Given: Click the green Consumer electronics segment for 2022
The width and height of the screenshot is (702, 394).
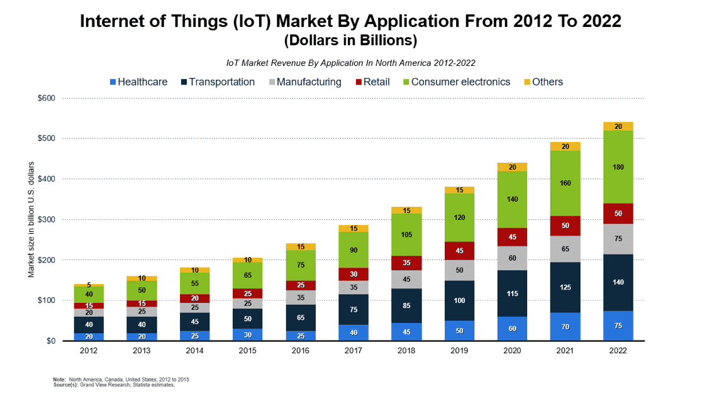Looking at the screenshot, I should click(618, 167).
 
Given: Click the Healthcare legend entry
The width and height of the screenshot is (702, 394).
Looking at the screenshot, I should click(138, 82).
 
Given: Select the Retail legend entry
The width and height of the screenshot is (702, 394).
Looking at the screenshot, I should click(372, 82).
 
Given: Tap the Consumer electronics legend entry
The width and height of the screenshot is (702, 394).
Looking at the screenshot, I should click(455, 82).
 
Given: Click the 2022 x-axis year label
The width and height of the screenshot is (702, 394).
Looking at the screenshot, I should click(618, 351).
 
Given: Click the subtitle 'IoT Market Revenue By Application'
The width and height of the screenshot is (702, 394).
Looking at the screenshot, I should click(350, 63).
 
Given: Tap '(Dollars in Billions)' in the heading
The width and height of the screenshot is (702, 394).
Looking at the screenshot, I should click(350, 41).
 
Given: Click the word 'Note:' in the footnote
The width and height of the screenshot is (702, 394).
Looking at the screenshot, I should click(58, 379).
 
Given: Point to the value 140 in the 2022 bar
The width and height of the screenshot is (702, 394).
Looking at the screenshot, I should click(618, 283).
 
